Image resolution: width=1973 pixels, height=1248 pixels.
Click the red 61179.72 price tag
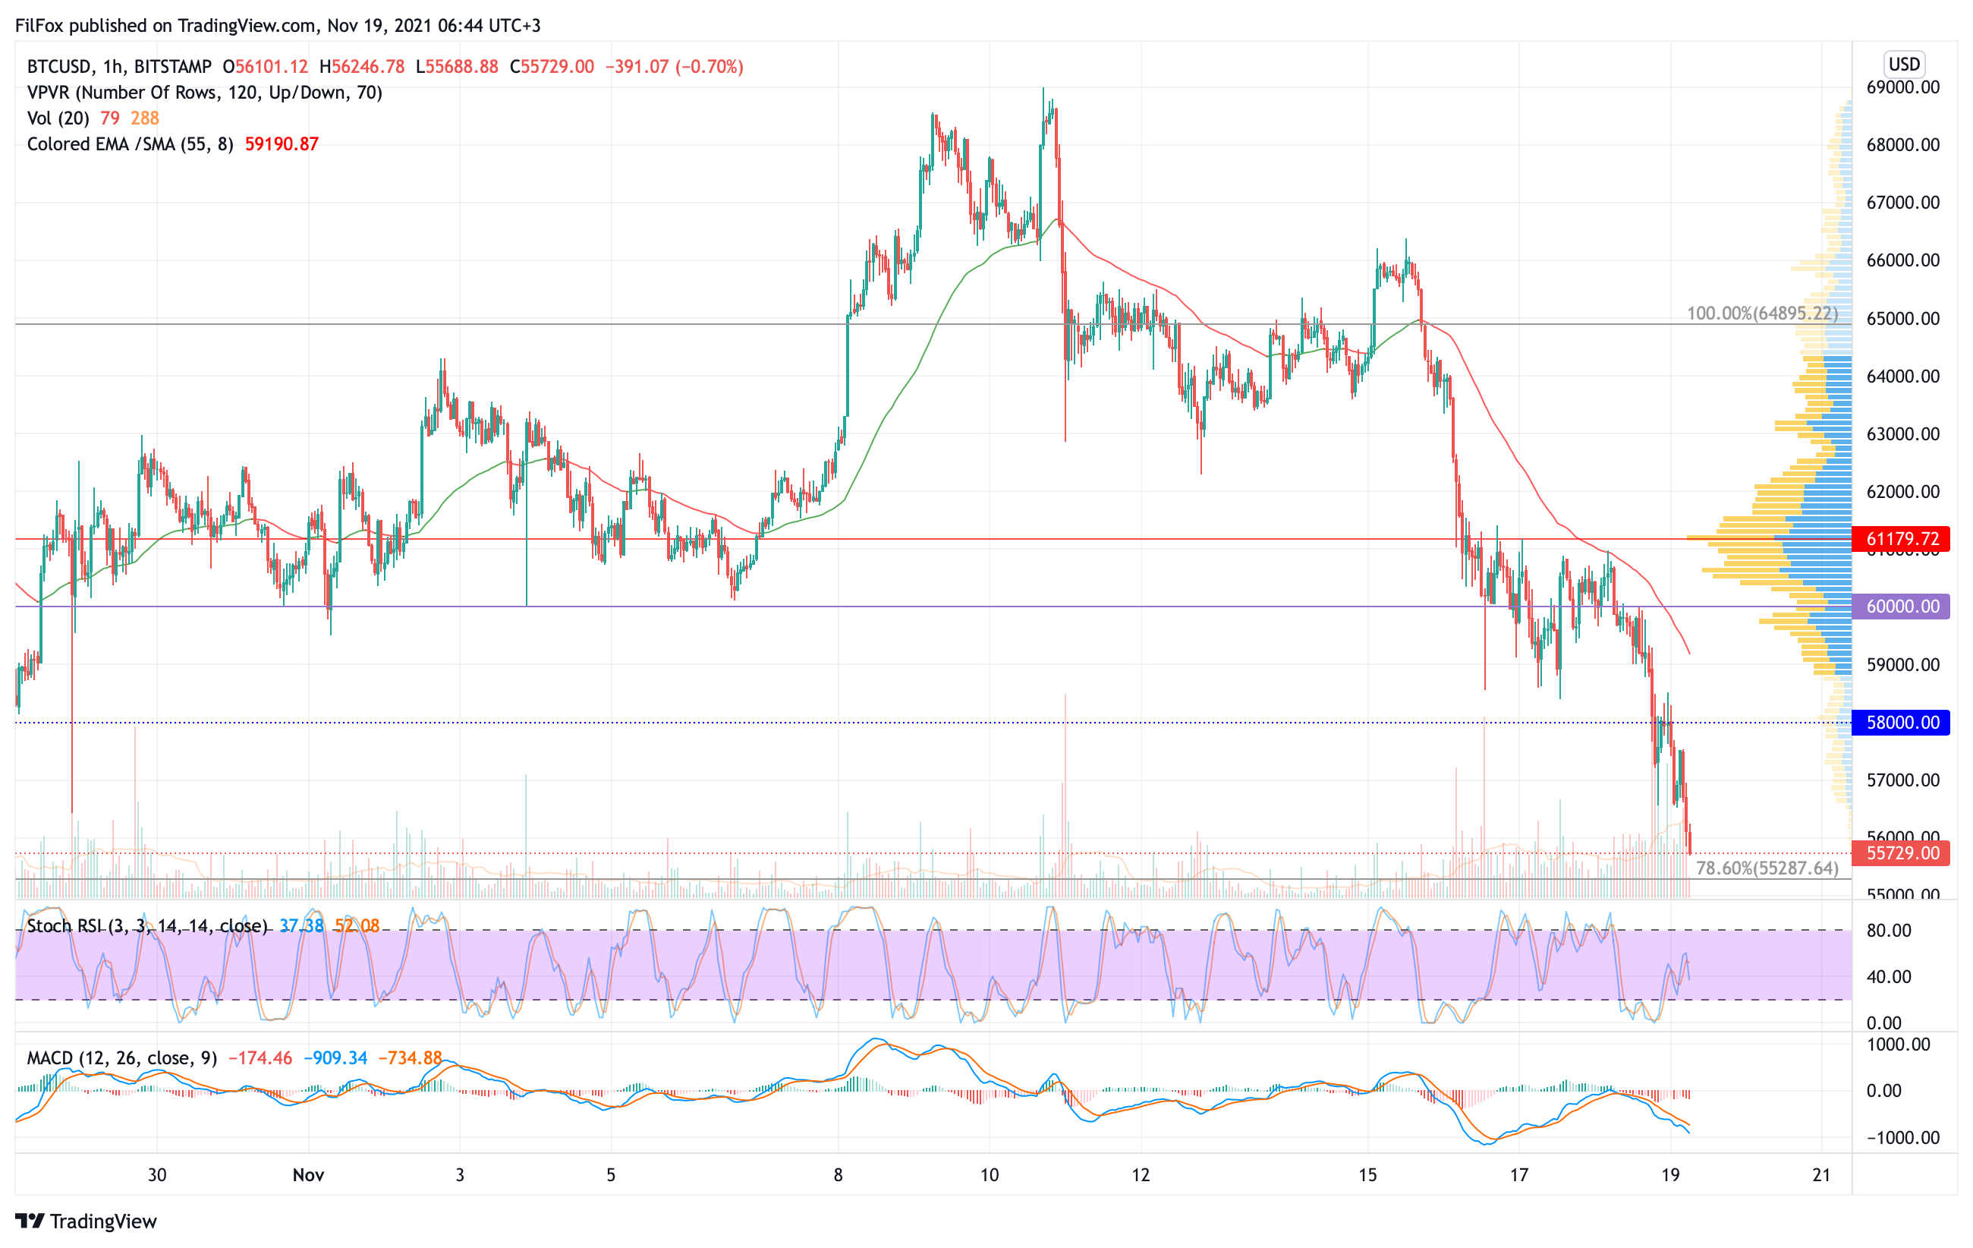1902,538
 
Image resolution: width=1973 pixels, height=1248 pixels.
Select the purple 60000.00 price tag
1902,607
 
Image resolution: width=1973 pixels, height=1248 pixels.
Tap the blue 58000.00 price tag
1902,722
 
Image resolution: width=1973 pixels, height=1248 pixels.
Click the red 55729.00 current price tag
1902,853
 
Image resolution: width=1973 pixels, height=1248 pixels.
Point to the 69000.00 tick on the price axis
1902,87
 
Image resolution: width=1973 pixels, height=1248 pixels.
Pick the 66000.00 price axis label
1902,260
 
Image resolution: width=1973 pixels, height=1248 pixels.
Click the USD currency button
1904,64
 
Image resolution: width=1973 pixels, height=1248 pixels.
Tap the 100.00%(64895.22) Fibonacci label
1761,313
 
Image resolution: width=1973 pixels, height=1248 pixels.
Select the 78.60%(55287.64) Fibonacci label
1767,868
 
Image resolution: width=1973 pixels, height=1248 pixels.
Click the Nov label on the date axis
308,1174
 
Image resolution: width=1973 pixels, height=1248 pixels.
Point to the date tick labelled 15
1367,1174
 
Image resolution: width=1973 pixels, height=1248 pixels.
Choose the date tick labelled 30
156,1174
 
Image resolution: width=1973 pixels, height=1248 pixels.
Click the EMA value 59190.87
281,144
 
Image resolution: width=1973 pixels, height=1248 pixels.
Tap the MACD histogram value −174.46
260,1058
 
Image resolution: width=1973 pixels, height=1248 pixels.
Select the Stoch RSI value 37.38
301,926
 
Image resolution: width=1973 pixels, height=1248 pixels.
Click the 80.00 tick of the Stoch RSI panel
1889,930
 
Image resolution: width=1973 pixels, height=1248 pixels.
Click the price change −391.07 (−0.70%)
674,66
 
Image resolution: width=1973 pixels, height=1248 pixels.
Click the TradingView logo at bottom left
86,1221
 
